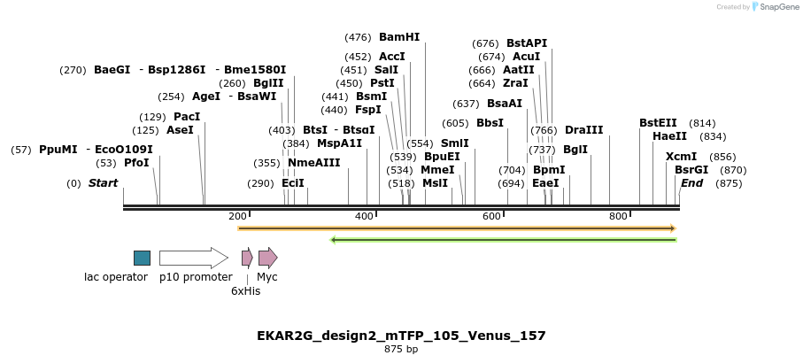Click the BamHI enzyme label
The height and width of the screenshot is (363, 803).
(x=398, y=37)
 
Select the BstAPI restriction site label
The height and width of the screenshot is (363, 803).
(x=527, y=43)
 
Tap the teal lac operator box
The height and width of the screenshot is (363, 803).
(x=142, y=258)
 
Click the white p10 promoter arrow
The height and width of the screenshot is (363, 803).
(x=193, y=258)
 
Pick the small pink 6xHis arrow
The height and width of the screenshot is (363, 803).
(x=247, y=258)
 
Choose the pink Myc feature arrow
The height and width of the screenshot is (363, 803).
(x=267, y=258)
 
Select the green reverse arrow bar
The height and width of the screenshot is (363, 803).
(x=503, y=239)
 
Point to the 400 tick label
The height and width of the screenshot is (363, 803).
(x=363, y=217)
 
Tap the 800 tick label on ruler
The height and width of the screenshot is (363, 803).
(x=618, y=217)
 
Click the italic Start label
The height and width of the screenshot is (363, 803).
(x=103, y=183)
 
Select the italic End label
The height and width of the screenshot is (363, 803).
(x=691, y=183)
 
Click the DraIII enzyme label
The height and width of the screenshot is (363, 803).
(x=583, y=130)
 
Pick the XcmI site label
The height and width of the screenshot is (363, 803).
(x=681, y=157)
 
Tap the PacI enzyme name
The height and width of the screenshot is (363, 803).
(x=187, y=117)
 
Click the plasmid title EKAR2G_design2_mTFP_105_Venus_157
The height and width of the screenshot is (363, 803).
(x=401, y=336)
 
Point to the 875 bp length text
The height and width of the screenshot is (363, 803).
(x=401, y=350)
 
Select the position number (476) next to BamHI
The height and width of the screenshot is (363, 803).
(x=357, y=37)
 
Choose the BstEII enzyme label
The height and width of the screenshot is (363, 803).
(x=658, y=123)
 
